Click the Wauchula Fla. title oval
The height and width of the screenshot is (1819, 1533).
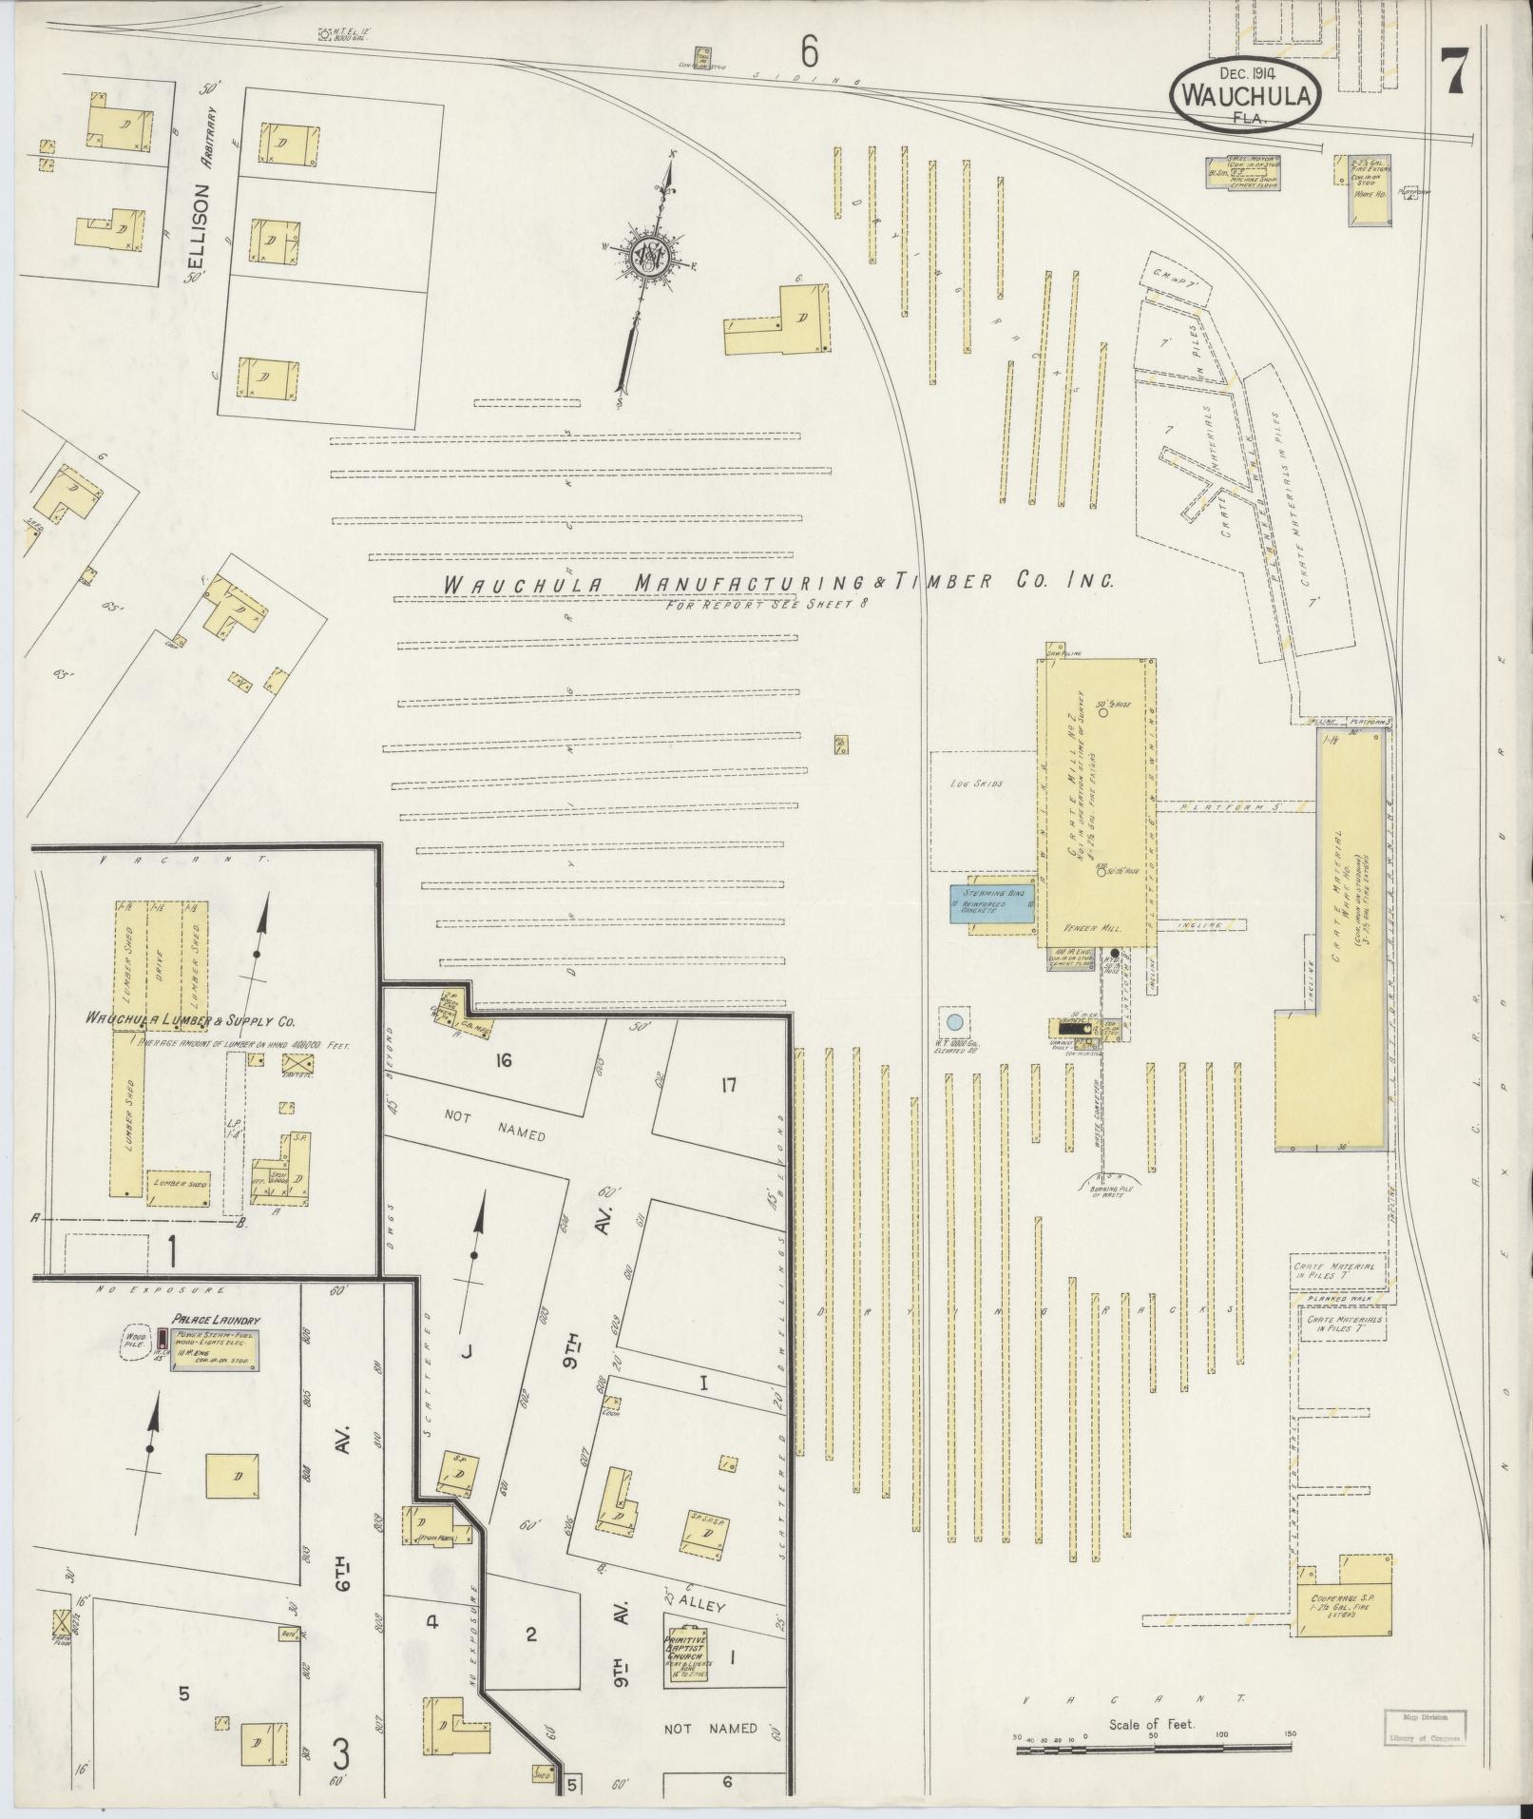1245,95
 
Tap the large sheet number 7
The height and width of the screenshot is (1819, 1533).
1454,72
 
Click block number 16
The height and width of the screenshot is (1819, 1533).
503,1059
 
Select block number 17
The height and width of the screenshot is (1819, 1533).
728,1085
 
